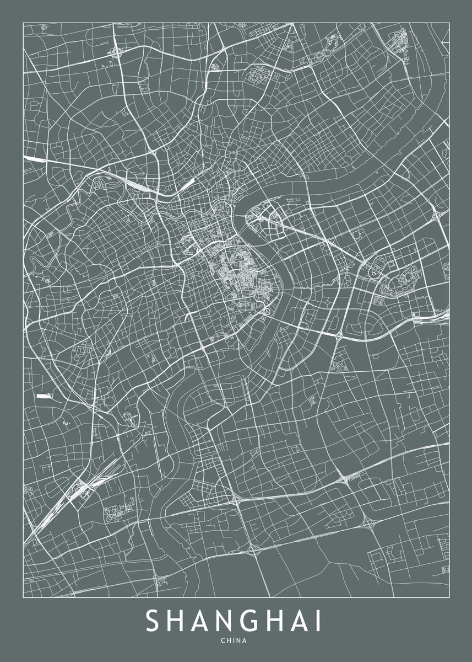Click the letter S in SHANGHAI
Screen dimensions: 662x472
point(153,621)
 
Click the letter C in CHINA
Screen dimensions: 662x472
point(223,641)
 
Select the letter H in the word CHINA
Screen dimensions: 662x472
point(229,641)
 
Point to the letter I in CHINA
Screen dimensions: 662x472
point(234,641)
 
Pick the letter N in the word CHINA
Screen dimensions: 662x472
point(239,641)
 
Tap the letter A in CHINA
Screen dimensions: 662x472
point(246,641)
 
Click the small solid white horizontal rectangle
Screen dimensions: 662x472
point(43,396)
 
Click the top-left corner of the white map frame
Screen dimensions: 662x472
point(23,22)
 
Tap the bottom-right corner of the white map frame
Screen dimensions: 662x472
point(449,597)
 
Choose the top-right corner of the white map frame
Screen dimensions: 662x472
point(449,22)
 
